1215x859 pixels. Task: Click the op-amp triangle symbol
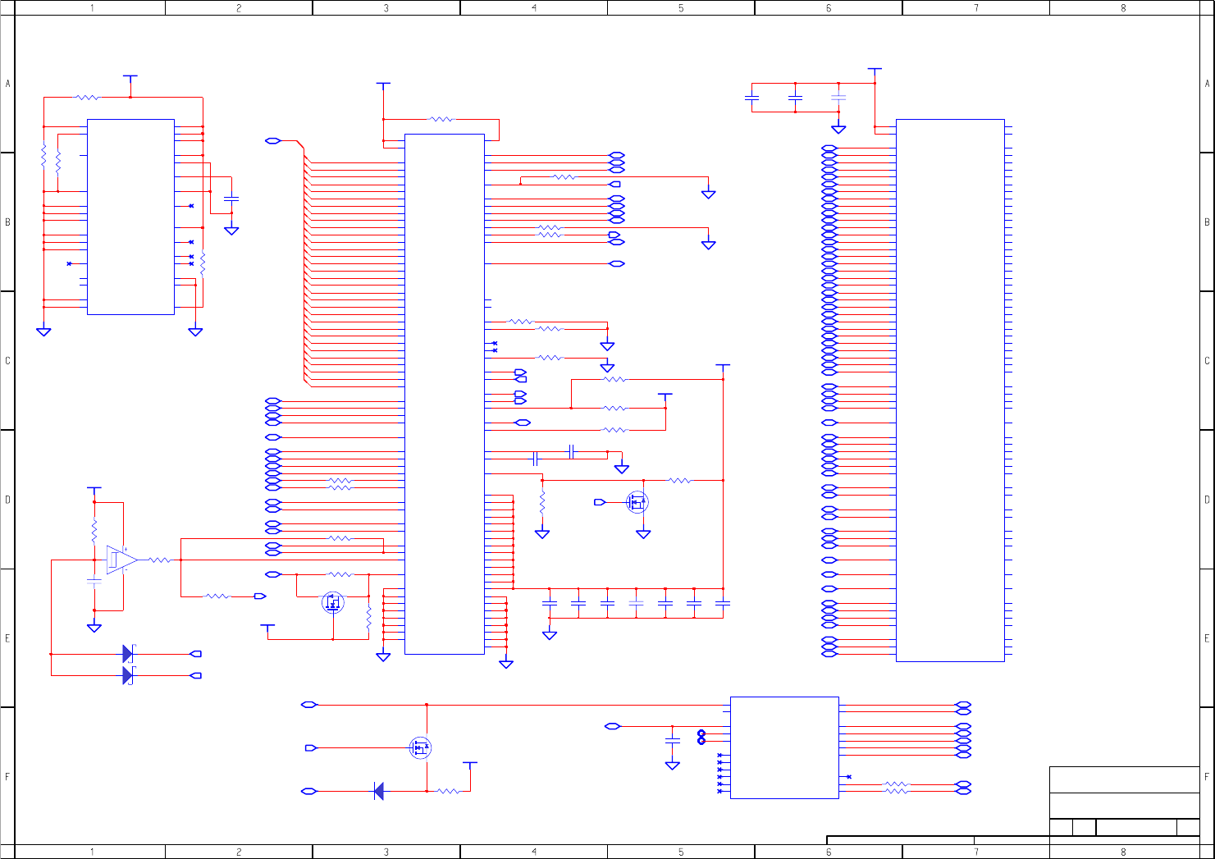coord(120,560)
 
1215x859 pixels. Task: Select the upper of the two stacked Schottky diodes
coord(128,654)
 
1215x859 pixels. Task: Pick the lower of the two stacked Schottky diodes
coord(128,675)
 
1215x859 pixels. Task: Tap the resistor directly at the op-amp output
coord(159,560)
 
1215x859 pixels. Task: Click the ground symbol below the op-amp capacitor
coord(94,628)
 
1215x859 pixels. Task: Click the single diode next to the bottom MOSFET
coord(378,791)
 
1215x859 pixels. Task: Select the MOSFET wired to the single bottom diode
coord(420,747)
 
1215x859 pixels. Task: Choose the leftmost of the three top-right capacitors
coord(751,98)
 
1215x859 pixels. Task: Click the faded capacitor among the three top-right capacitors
coord(838,98)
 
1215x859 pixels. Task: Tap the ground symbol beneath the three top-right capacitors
coord(838,129)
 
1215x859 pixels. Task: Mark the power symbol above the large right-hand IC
coord(875,71)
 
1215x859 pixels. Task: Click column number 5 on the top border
coord(681,8)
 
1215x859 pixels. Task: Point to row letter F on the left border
coord(7,776)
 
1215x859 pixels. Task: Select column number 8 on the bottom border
coord(1123,852)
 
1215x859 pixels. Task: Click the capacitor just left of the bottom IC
coord(672,740)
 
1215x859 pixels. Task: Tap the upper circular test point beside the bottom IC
coord(701,733)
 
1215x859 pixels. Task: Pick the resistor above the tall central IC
coord(441,119)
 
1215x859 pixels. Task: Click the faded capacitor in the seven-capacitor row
coord(636,603)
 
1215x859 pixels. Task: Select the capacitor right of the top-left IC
coord(231,199)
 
